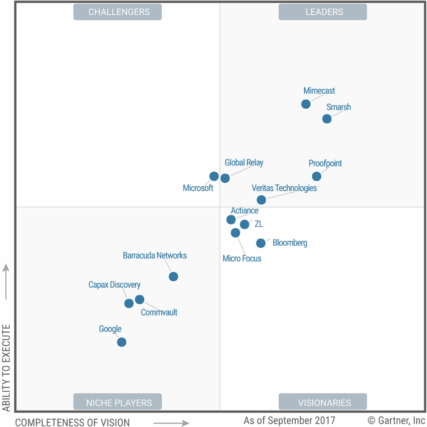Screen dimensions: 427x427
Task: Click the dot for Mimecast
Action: (306, 104)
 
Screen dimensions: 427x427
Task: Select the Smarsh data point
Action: (327, 119)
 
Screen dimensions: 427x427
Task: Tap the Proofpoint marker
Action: (317, 177)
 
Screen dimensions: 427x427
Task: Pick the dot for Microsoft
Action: (214, 176)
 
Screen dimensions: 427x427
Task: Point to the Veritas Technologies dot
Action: (261, 200)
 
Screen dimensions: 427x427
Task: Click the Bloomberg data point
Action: (261, 243)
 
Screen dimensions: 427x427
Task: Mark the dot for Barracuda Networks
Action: (174, 276)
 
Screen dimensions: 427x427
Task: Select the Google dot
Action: (122, 342)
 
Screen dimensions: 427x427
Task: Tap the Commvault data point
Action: (140, 300)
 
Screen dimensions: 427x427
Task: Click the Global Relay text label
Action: (244, 163)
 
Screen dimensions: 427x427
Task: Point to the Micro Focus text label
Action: (242, 259)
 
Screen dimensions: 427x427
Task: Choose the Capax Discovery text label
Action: (114, 285)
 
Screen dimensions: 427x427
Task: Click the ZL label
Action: (259, 224)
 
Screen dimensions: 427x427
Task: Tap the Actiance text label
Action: (245, 210)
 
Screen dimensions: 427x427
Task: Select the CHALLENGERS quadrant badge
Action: (118, 12)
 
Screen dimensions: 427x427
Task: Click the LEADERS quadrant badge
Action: (323, 12)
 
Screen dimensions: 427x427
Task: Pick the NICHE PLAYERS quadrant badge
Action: (118, 403)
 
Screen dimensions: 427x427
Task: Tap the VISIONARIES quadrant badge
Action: (323, 403)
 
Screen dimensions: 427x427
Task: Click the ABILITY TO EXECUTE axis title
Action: (6, 368)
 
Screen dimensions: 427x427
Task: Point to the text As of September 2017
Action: (289, 420)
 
